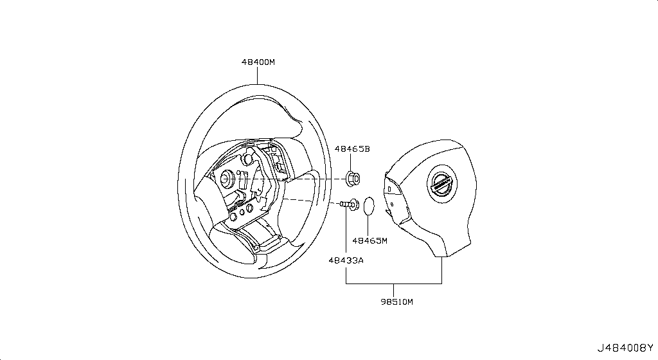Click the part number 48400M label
[x=258, y=62]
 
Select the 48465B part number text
[x=352, y=148]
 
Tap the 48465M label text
[x=369, y=241]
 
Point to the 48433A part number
[x=346, y=260]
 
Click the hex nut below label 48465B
[x=352, y=177]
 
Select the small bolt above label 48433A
[x=350, y=204]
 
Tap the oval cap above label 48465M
[x=368, y=205]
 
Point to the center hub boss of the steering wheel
[x=227, y=178]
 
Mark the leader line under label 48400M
[x=258, y=76]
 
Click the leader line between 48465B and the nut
[x=352, y=162]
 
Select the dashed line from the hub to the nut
[x=315, y=177]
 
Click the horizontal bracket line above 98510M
[x=393, y=283]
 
